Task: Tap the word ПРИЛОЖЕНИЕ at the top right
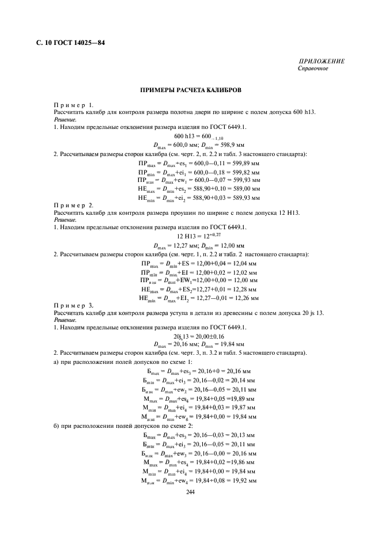point(322,62)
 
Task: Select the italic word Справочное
point(313,69)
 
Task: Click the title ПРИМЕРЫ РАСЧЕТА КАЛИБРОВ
point(190,90)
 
